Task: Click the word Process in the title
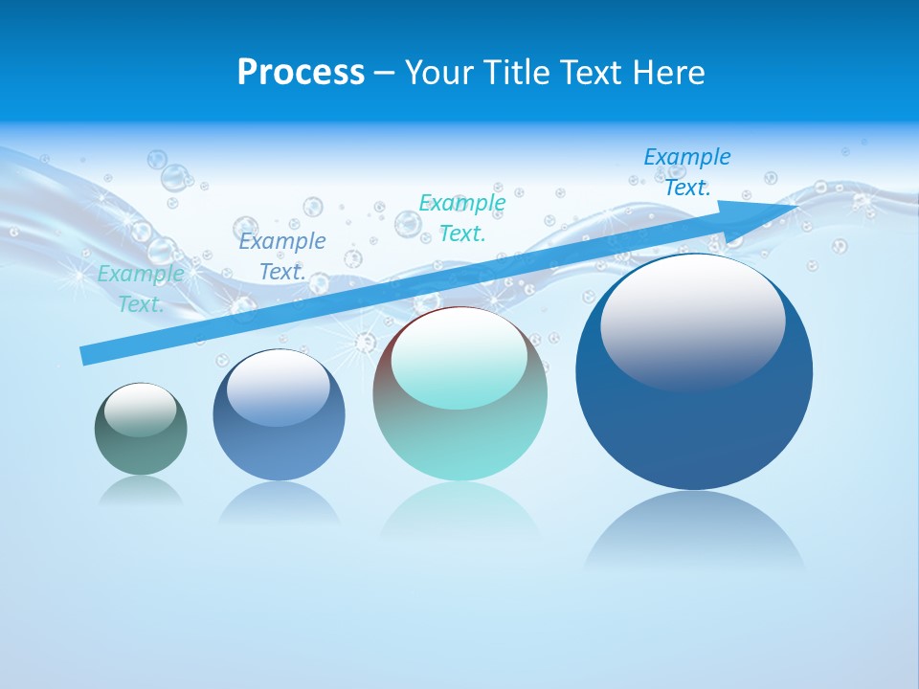pyautogui.click(x=301, y=73)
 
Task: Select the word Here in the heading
pyautogui.click(x=664, y=73)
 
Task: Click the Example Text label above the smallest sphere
pyautogui.click(x=141, y=288)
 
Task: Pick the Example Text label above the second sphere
pyautogui.click(x=282, y=256)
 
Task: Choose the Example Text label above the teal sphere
pyautogui.click(x=462, y=217)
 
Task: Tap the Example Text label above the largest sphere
pyautogui.click(x=686, y=171)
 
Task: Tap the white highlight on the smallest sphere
pyautogui.click(x=141, y=410)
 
